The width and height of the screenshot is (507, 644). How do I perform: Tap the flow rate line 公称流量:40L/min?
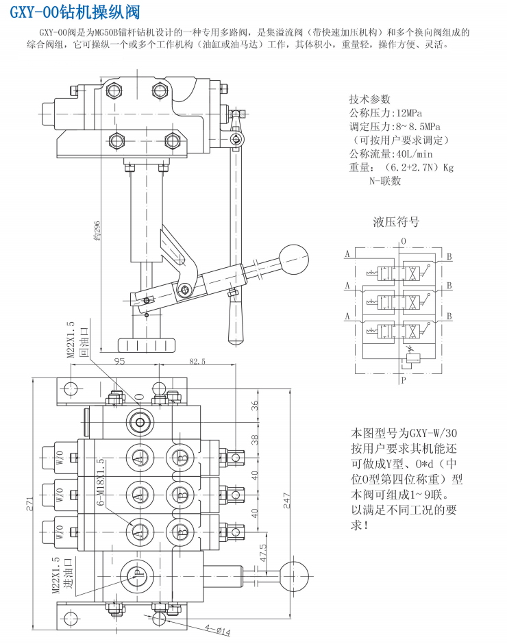coord(391,153)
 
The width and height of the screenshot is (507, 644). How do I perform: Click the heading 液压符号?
coord(396,221)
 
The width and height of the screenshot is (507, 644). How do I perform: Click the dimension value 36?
coord(256,406)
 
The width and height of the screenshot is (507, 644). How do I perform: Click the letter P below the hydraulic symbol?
coord(404,378)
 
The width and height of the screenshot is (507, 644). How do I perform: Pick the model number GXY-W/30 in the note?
coord(428,433)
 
